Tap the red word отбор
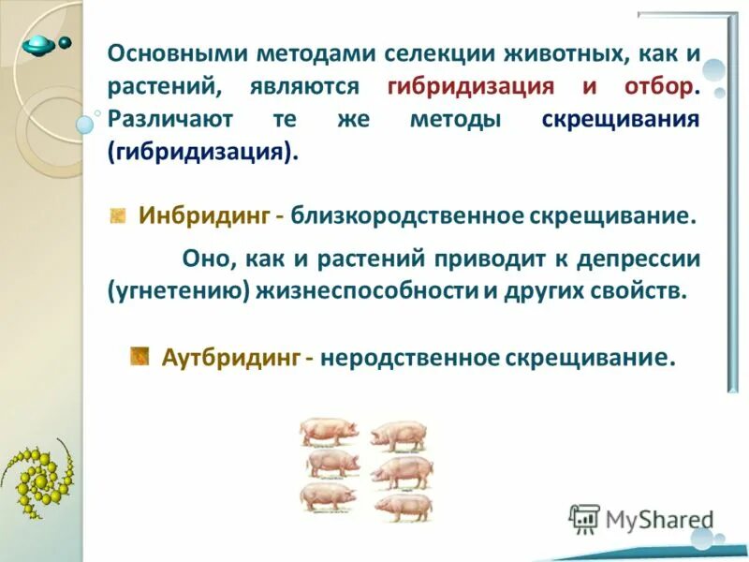(657, 87)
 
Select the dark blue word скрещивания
(621, 120)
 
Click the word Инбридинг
(205, 216)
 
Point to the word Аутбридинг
(231, 358)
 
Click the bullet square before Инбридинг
(118, 216)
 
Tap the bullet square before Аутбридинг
(140, 356)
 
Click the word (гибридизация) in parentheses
(204, 152)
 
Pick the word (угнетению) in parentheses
(178, 289)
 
